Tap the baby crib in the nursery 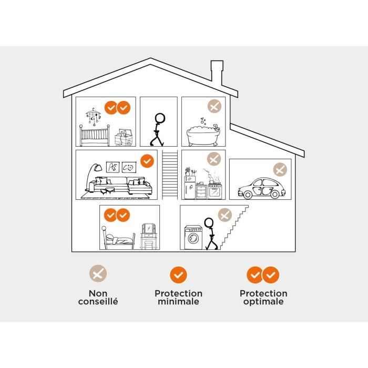click(x=94, y=136)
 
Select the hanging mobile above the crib click(x=94, y=117)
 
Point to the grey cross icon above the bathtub click(x=214, y=106)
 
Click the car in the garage click(x=262, y=188)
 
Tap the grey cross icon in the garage click(x=280, y=169)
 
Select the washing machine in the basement click(x=193, y=237)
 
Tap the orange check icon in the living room click(x=147, y=161)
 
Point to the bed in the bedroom click(x=118, y=238)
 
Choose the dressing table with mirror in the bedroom click(x=149, y=236)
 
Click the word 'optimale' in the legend click(x=263, y=302)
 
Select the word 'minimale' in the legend click(x=178, y=301)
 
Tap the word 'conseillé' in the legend click(x=98, y=301)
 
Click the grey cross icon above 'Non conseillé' click(x=98, y=273)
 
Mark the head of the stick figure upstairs click(x=160, y=118)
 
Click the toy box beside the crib click(x=124, y=137)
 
